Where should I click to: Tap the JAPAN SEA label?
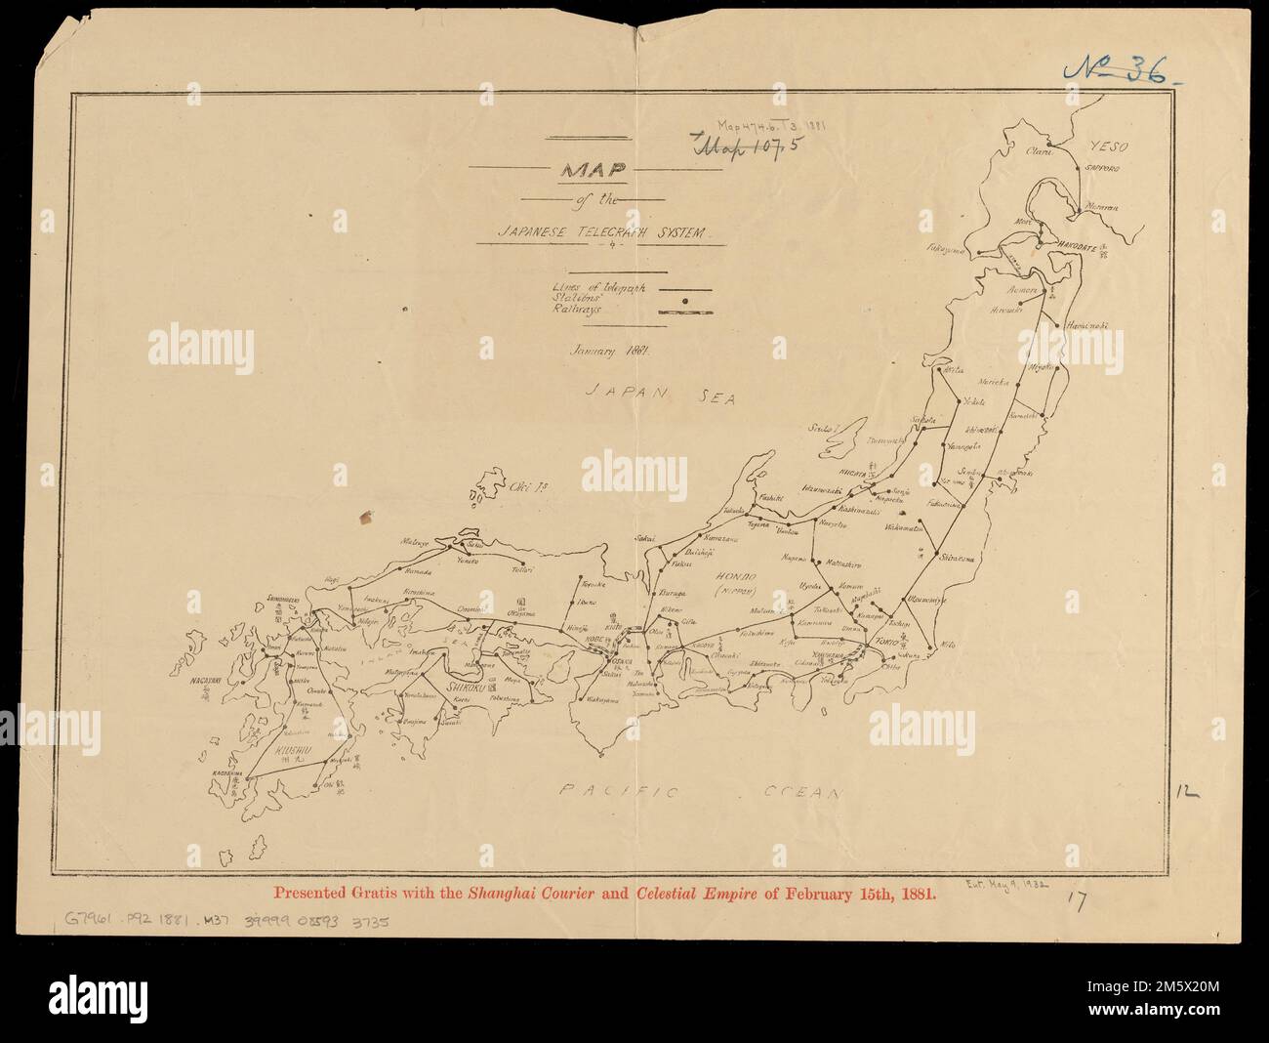pyautogui.click(x=661, y=395)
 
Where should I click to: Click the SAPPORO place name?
pyautogui.click(x=1107, y=169)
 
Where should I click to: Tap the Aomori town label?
pyautogui.click(x=1020, y=290)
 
